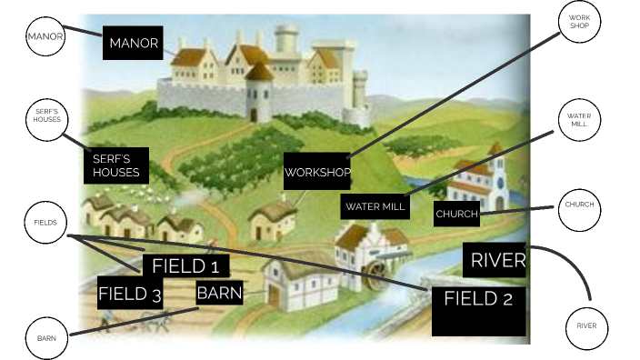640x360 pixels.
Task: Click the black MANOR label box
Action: [134, 43]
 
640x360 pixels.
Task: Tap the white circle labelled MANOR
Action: [45, 37]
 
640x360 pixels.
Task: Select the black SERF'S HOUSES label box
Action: [116, 165]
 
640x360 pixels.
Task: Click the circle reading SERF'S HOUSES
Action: [46, 123]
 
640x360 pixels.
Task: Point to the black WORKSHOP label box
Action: [317, 171]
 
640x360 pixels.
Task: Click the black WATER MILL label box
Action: [375, 207]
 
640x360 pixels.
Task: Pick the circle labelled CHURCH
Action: [579, 205]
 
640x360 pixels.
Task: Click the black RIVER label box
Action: [495, 261]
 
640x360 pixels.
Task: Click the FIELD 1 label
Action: [185, 266]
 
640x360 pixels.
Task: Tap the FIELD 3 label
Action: [130, 294]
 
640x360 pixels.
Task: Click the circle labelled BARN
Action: [46, 337]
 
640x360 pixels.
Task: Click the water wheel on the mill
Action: [379, 274]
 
